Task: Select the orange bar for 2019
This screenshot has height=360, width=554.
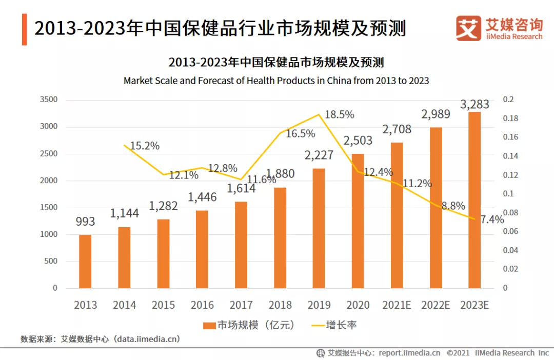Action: pyautogui.click(x=319, y=228)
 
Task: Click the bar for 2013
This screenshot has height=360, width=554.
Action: pyautogui.click(x=85, y=262)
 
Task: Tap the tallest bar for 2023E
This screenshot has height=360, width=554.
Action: pyautogui.click(x=474, y=200)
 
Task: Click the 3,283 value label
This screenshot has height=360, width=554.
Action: pyautogui.click(x=474, y=105)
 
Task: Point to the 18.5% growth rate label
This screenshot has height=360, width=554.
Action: pyautogui.click(x=340, y=114)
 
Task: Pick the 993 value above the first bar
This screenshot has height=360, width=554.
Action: pyautogui.click(x=85, y=221)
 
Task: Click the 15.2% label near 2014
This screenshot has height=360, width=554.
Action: pyautogui.click(x=145, y=146)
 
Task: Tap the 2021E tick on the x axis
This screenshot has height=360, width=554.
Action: pyautogui.click(x=397, y=305)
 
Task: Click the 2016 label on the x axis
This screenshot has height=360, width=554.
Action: pyautogui.click(x=202, y=305)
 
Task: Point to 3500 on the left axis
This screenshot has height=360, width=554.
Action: pyautogui.click(x=49, y=99)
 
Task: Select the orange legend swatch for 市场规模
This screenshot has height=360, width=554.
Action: pyautogui.click(x=209, y=325)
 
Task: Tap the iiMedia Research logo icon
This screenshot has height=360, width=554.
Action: pyautogui.click(x=468, y=28)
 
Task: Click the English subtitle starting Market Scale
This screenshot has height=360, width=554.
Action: pyautogui.click(x=276, y=81)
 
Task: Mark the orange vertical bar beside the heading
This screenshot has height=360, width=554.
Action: pyautogui.click(x=24, y=30)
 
